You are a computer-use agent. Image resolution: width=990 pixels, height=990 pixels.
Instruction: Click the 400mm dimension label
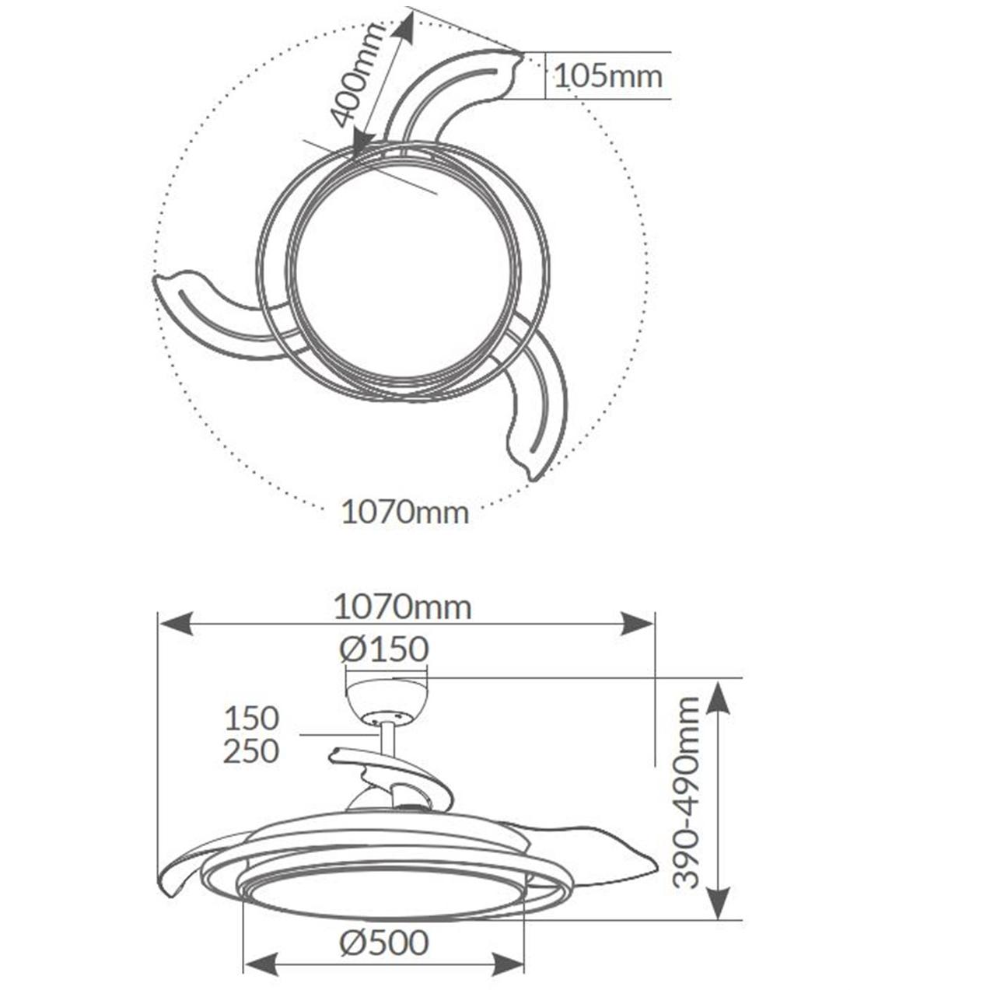click(356, 75)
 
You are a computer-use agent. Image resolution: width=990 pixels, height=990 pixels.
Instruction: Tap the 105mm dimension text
click(608, 76)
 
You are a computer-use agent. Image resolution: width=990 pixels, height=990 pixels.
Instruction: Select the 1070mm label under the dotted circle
click(405, 512)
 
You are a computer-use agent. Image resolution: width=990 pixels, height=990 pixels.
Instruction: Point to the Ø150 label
click(384, 649)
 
